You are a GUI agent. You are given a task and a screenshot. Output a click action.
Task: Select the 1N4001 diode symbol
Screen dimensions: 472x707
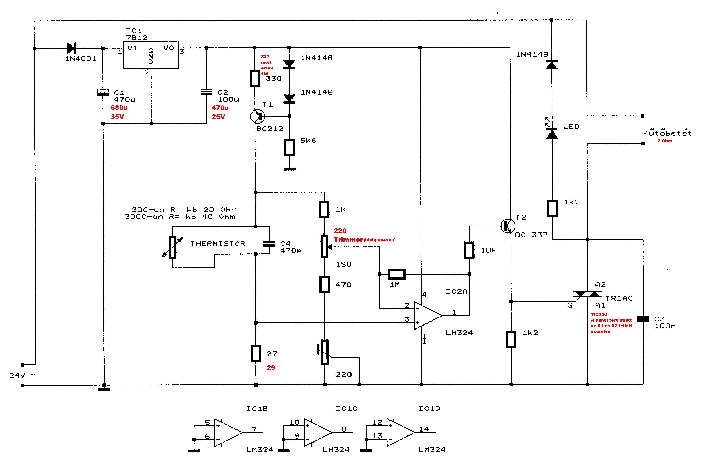pyautogui.click(x=72, y=48)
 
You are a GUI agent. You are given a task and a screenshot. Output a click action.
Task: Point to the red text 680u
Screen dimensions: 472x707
pyautogui.click(x=119, y=108)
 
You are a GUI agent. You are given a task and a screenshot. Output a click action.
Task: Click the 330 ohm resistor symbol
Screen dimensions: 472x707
pyautogui.click(x=255, y=79)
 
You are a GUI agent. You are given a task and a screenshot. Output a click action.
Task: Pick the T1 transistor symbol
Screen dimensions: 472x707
pyautogui.click(x=258, y=116)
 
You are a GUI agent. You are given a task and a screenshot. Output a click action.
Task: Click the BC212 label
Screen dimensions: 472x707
pyautogui.click(x=270, y=129)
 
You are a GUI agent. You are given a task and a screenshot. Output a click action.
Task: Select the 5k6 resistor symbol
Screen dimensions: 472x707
pyautogui.click(x=289, y=147)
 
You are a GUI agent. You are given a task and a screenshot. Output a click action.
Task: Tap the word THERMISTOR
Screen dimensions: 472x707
pyautogui.click(x=218, y=244)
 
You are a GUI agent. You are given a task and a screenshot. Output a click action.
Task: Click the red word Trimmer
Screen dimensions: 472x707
pyautogui.click(x=348, y=240)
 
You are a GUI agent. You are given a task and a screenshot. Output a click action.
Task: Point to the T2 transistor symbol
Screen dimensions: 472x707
pyautogui.click(x=508, y=226)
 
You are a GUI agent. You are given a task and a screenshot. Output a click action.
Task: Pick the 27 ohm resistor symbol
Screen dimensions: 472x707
pyautogui.click(x=256, y=354)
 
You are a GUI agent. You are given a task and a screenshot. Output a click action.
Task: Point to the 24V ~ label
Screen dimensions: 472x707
pyautogui.click(x=22, y=375)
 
